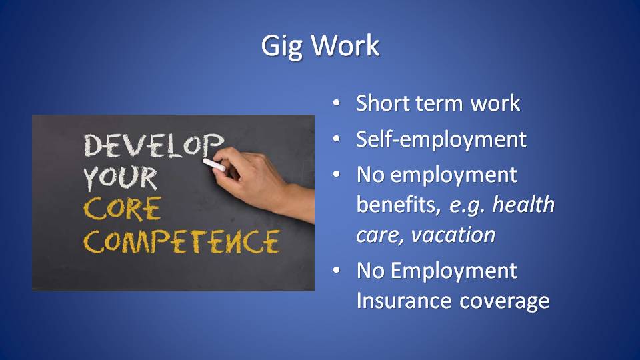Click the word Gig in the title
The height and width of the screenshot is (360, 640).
click(x=281, y=47)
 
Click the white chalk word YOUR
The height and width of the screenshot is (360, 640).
click(x=120, y=178)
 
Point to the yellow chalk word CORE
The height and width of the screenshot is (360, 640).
click(x=123, y=209)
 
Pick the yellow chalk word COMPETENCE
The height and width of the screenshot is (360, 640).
click(x=182, y=241)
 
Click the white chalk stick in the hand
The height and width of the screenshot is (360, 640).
click(x=214, y=165)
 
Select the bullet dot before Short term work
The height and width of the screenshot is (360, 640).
click(x=336, y=103)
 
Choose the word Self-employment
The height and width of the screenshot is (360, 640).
click(x=441, y=139)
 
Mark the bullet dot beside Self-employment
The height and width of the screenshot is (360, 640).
click(x=336, y=139)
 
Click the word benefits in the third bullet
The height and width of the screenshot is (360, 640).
click(x=399, y=204)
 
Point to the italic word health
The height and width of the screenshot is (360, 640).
click(x=524, y=204)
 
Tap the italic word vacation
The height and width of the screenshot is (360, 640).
click(x=453, y=235)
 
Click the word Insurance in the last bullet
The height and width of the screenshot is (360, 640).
click(x=404, y=301)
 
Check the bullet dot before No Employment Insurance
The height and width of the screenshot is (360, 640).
click(x=336, y=270)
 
